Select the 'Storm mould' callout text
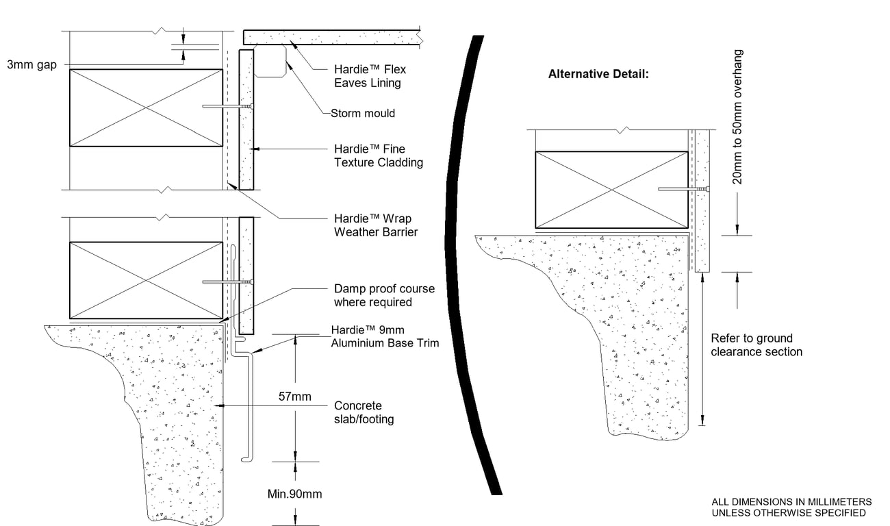pos(362,113)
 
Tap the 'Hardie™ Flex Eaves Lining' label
pos(367,76)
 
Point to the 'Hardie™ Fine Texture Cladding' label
pos(378,155)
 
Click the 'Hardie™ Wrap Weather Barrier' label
pos(375,225)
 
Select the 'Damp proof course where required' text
pos(373,295)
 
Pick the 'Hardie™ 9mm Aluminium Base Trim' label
pos(385,336)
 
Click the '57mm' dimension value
pos(295,397)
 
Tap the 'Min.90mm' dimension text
pos(295,494)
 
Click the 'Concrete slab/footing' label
pos(364,412)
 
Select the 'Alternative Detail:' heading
pos(598,74)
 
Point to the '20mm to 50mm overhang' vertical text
pos(737,116)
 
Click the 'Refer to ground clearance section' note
pos(756,345)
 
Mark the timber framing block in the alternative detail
pos(611,190)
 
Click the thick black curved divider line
pos(457,260)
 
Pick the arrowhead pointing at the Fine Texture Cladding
pos(253,148)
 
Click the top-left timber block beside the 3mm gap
pos(145,108)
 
